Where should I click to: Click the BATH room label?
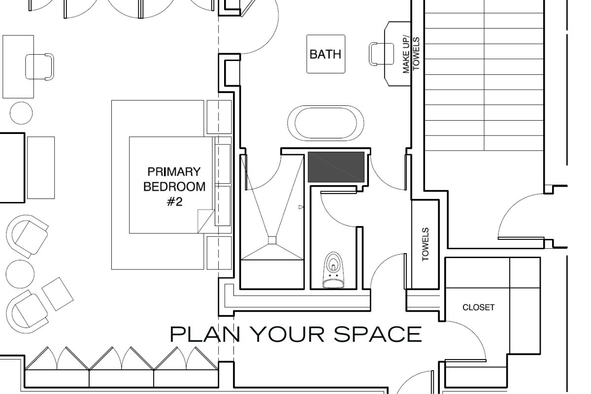click(x=326, y=54)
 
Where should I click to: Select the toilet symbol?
click(x=333, y=270)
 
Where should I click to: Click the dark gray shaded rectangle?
click(x=336, y=167)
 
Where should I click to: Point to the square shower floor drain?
click(x=272, y=240)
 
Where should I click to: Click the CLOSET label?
click(x=479, y=307)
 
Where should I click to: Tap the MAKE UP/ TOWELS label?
click(x=411, y=55)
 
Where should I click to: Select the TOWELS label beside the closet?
click(x=426, y=244)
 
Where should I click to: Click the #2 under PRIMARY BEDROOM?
click(x=175, y=202)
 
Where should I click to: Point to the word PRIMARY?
click(x=174, y=172)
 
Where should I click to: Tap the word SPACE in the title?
click(x=378, y=334)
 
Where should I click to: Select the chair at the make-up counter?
click(x=381, y=54)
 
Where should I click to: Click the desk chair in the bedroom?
click(x=39, y=67)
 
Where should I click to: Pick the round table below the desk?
click(x=21, y=113)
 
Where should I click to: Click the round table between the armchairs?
click(x=20, y=274)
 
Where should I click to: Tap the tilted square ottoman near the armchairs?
click(x=58, y=294)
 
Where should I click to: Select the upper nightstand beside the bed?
click(x=219, y=117)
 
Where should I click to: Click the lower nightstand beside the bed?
click(x=219, y=253)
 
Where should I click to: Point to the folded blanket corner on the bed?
click(x=205, y=221)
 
